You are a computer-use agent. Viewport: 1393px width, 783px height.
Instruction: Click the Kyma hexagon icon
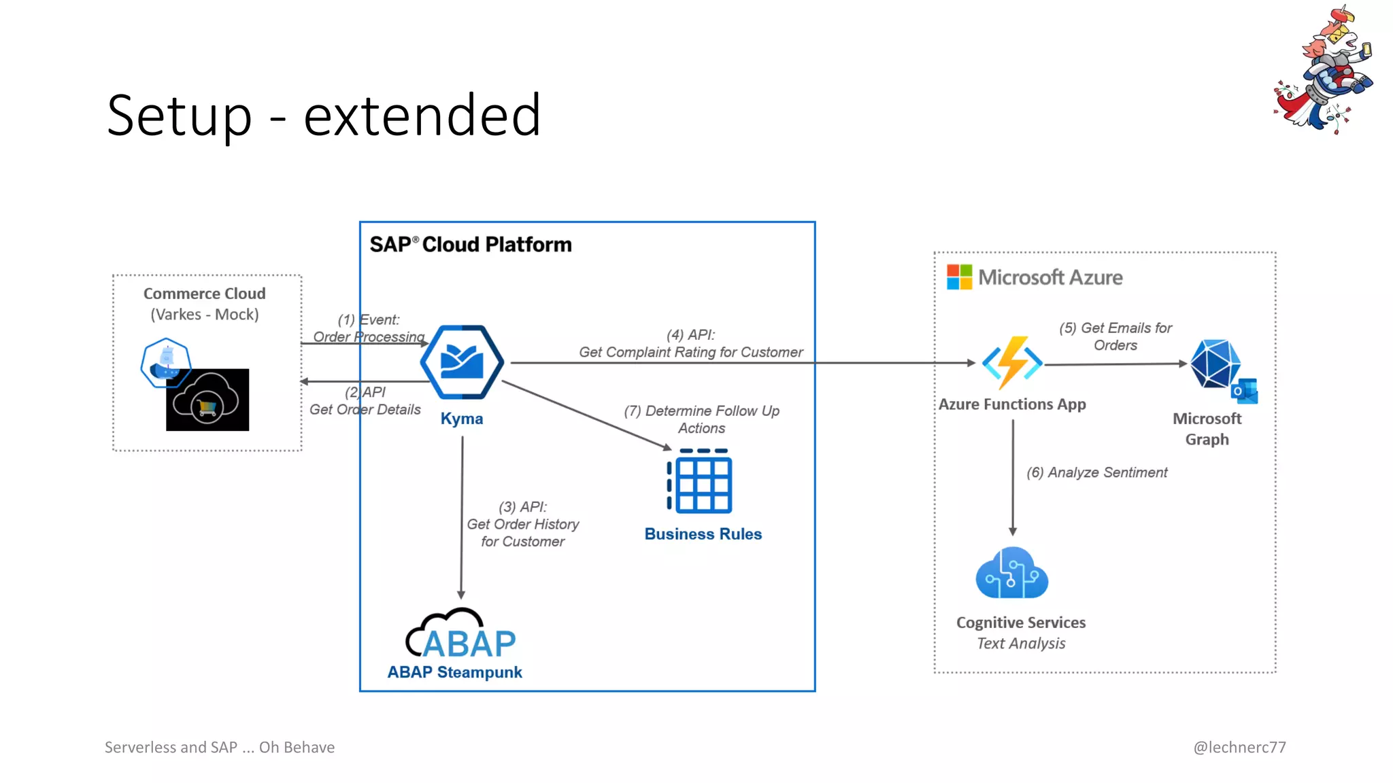pos(462,362)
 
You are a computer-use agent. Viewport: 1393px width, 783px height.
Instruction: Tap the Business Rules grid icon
pos(701,481)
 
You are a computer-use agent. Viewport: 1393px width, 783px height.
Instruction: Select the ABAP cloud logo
pos(460,635)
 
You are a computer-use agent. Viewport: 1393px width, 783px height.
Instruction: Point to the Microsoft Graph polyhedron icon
pos(1215,364)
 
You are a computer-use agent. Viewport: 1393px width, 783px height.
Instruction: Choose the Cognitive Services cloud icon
pos(1011,574)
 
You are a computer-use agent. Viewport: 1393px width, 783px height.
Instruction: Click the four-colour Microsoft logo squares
pos(959,277)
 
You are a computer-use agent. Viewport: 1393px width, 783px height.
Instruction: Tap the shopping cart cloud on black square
pos(207,400)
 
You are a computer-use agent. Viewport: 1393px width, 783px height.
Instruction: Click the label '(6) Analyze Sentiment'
pos(1096,472)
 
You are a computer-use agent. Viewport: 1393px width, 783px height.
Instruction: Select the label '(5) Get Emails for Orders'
pos(1115,336)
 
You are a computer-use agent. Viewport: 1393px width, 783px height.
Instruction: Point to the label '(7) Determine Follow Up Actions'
pos(701,419)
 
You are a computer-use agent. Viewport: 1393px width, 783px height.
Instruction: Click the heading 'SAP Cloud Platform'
pos(471,245)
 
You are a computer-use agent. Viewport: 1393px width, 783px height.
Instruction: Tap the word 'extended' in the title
pos(422,116)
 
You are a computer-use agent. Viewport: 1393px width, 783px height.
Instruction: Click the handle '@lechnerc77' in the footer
pos(1239,747)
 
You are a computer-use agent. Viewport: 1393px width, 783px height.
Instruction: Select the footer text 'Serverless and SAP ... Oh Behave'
pos(220,747)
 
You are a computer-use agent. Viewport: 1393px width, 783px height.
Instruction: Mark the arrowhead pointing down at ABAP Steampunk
pos(461,594)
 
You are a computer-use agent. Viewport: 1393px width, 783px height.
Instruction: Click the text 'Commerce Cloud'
pos(204,294)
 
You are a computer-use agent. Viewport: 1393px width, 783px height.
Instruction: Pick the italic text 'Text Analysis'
pos(1021,644)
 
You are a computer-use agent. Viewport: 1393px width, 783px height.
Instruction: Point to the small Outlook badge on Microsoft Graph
pos(1245,391)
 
